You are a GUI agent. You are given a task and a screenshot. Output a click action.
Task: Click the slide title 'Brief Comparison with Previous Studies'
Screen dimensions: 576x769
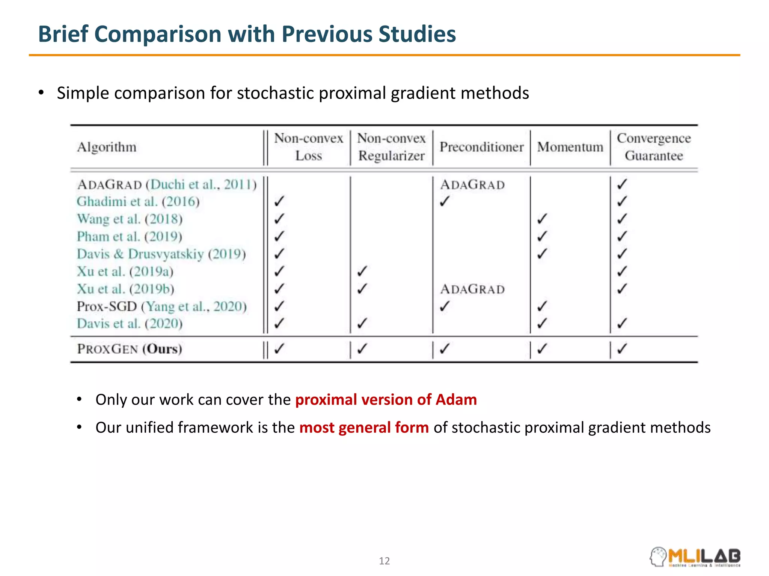tap(247, 34)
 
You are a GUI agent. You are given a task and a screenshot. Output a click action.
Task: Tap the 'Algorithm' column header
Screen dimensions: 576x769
tap(107, 147)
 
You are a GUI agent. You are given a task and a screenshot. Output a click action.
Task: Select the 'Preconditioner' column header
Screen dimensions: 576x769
tap(481, 147)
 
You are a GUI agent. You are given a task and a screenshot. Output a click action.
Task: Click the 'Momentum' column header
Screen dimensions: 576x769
tap(570, 147)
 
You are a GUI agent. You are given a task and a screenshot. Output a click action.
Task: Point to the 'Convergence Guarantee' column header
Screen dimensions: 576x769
tap(654, 147)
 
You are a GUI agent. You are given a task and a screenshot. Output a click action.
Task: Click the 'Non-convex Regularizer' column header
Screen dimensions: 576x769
tap(391, 147)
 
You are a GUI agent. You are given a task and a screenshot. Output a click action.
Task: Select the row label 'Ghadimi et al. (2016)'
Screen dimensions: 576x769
tap(138, 202)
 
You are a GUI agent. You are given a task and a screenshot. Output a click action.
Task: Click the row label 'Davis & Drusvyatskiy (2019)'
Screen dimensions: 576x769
tap(161, 254)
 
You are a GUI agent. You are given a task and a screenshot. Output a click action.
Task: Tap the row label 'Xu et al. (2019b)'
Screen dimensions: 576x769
tap(125, 289)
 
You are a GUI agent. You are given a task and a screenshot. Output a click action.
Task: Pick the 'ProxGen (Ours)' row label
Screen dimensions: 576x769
tap(130, 349)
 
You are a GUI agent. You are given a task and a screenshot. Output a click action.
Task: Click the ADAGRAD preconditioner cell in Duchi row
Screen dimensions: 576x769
tap(472, 185)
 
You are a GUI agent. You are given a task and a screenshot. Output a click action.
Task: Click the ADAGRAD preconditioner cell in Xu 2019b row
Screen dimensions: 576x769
tap(472, 289)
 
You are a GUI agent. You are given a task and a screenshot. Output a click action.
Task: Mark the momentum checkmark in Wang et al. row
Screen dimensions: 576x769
tap(541, 219)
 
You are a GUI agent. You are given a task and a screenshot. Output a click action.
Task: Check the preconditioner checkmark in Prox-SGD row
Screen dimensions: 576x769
tap(444, 306)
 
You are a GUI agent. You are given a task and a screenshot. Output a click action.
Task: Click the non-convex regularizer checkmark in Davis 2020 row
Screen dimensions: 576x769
tap(362, 323)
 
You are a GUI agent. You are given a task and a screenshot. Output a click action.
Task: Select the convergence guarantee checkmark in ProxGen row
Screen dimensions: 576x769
tap(622, 349)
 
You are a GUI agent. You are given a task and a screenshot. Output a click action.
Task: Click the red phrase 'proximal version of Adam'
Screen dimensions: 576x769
tap(386, 400)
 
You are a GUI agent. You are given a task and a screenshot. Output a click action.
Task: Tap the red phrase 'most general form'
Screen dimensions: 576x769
tap(364, 427)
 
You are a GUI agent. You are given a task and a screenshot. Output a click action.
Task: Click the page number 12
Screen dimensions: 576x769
tap(384, 561)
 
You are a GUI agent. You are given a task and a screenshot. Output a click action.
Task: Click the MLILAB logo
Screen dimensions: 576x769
tap(695, 557)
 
